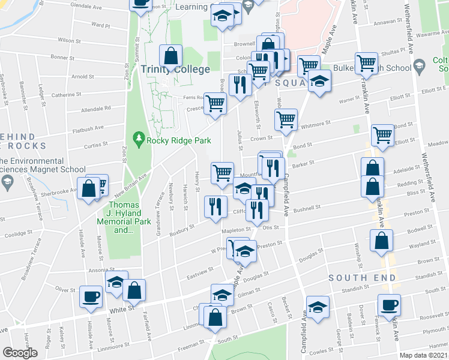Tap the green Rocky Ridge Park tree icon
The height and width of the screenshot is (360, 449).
pos(139,140)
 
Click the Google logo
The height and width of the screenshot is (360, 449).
pos(19,353)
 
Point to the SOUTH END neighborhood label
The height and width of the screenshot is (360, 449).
pos(362,278)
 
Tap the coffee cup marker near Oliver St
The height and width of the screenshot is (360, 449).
pos(91,296)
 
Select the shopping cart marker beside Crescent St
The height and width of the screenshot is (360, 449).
pos(215,103)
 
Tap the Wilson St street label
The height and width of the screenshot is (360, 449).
pos(68,41)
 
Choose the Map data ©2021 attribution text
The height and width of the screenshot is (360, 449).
pos(423,355)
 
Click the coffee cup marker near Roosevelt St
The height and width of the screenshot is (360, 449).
pos(389,305)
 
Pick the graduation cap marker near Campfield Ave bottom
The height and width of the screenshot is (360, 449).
pos(318,305)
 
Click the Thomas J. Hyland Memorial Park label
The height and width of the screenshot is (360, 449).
pos(119,221)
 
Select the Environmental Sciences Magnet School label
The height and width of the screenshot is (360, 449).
pos(34,166)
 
